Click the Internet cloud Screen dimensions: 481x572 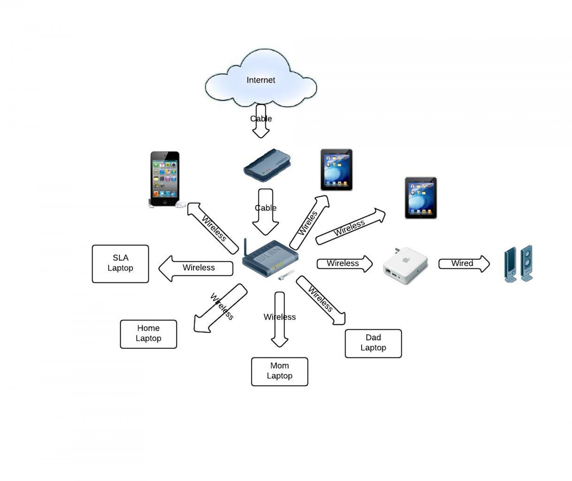[261, 79]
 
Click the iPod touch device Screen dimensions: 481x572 [165, 179]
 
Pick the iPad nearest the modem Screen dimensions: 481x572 [336, 170]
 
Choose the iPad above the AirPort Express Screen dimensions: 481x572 [421, 198]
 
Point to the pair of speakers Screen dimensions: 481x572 [518, 264]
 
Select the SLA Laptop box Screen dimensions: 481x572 [120, 264]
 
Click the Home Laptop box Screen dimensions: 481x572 [148, 334]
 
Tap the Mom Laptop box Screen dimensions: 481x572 [279, 372]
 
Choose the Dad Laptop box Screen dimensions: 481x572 [373, 343]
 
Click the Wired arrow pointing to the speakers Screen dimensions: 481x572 [464, 264]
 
